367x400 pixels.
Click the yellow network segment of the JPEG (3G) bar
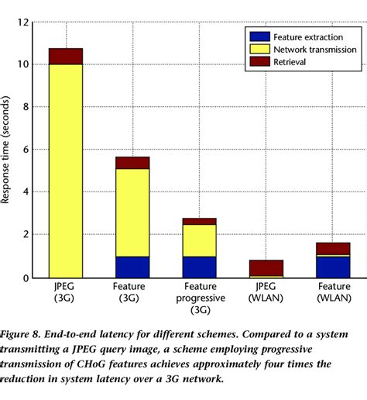point(66,171)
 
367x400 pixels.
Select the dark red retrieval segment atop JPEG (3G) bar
point(66,56)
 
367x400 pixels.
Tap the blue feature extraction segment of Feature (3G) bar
point(132,267)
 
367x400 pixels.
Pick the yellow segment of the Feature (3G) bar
point(132,212)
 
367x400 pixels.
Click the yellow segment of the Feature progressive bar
point(199,240)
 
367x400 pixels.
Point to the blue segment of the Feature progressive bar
point(199,267)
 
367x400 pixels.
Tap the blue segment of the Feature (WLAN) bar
point(333,267)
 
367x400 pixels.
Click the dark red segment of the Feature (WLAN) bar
point(333,249)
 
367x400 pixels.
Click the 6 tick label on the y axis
point(25,150)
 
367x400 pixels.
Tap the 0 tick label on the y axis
point(25,278)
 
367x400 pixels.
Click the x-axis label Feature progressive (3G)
point(199,299)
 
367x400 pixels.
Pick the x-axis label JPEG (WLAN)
point(266,293)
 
